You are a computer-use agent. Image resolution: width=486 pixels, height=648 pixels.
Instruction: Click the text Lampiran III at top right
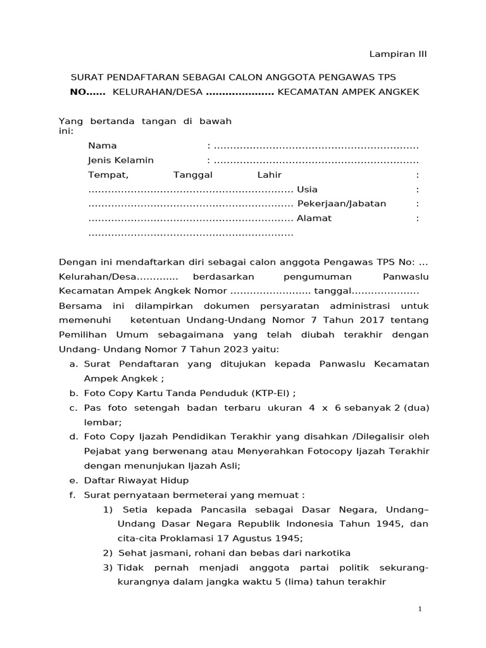(399, 54)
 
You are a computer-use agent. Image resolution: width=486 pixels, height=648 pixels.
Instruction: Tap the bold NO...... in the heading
(87, 92)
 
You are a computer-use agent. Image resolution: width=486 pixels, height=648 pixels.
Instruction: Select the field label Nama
(102, 146)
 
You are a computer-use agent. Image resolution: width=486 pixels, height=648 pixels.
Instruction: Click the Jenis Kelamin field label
(120, 160)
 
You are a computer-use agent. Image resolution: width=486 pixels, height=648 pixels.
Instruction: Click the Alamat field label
(314, 218)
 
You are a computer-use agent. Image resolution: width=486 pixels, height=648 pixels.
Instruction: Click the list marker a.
(73, 364)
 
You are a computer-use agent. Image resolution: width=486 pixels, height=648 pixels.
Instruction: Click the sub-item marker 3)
(108, 568)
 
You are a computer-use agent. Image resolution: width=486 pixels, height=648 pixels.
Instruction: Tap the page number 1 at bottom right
(420, 609)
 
